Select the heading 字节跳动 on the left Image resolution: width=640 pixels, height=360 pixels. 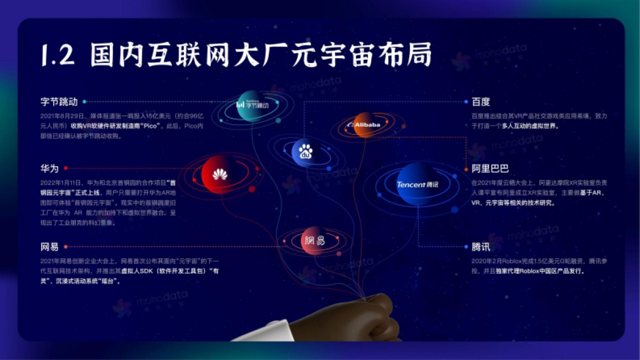59,101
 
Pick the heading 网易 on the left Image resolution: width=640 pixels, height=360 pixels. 49,247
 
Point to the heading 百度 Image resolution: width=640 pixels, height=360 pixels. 481,101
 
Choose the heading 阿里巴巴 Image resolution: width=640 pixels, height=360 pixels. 490,169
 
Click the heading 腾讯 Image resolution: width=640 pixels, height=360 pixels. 481,247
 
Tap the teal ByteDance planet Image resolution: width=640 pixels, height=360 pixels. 252,105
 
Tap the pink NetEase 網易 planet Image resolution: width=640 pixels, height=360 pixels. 315,241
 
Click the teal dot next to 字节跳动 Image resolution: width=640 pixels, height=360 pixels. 84,101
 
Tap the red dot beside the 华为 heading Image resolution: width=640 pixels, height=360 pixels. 66,168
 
